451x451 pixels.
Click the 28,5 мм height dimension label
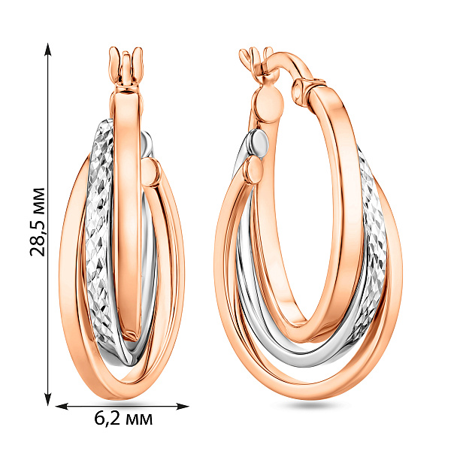tap(38, 222)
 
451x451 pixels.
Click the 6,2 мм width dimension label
tap(123, 419)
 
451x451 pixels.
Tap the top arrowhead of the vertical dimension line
tap(48, 50)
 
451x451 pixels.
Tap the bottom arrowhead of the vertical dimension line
tap(48, 399)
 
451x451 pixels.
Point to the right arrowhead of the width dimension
tap(182, 406)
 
